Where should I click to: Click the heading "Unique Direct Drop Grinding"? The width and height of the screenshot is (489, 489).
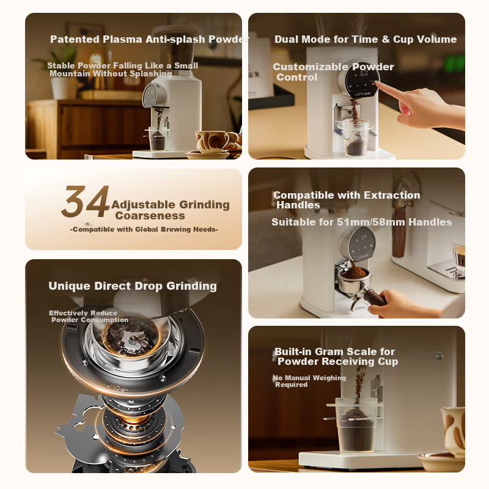coord(133,286)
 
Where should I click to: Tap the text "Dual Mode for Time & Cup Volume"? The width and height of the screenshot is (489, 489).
coord(366,39)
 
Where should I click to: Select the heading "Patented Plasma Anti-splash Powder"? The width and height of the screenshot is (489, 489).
coord(150,39)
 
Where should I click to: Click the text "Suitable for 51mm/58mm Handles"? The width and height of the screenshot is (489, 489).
coord(362,222)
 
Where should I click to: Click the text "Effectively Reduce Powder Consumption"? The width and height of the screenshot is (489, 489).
coord(89,316)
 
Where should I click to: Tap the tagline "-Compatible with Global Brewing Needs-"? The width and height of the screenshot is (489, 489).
coord(144,229)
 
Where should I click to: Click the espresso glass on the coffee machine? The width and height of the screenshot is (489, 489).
coord(457,253)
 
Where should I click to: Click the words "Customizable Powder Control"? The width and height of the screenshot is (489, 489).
coord(333,72)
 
